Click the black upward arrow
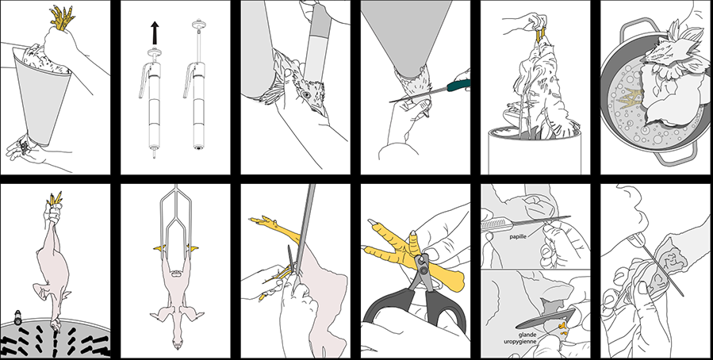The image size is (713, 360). (x=155, y=33)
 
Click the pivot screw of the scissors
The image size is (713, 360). (x=422, y=262)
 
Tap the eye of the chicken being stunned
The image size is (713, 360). (x=306, y=94)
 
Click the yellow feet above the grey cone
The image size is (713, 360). (x=63, y=17)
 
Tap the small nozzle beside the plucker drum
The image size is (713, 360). (x=17, y=316)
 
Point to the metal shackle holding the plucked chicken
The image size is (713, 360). (x=176, y=218)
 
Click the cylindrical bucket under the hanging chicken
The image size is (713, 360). (x=534, y=151)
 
